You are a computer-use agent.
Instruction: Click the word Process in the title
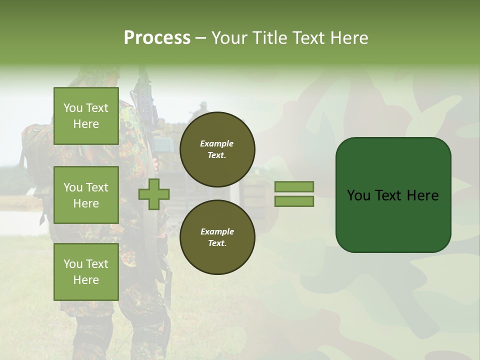(157, 37)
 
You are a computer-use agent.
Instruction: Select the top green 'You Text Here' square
(86, 116)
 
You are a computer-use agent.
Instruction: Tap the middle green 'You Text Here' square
(86, 195)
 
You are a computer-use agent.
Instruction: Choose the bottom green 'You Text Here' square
(86, 272)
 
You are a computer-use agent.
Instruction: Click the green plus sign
(154, 194)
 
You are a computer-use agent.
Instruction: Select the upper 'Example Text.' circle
(217, 149)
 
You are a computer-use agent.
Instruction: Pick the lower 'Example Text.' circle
(217, 237)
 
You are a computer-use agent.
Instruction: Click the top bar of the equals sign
(294, 186)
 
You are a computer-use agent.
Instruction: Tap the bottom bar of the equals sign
(294, 201)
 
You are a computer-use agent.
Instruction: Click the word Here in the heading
(349, 38)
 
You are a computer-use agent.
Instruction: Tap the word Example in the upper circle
(217, 143)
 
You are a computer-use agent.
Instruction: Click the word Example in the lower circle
(217, 231)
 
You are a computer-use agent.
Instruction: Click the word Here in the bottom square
(86, 280)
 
